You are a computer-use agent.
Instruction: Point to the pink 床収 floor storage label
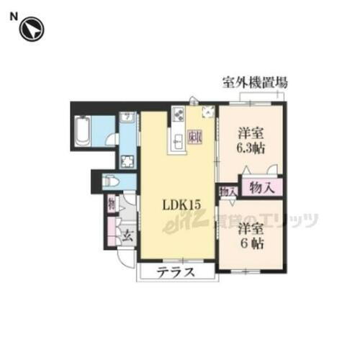(x=196, y=135)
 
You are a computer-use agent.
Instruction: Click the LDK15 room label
(x=179, y=206)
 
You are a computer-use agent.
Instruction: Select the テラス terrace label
(x=176, y=274)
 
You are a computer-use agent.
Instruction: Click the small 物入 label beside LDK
(x=227, y=192)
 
